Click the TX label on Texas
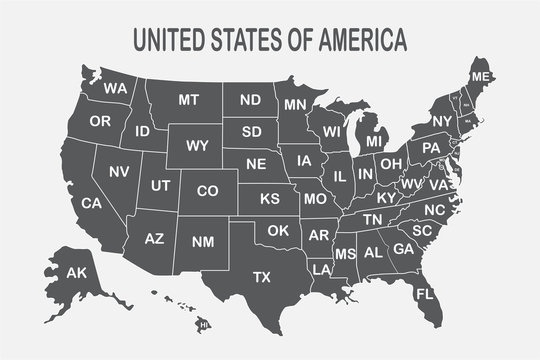(x=262, y=276)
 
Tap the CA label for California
(x=91, y=203)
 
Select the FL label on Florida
(x=425, y=295)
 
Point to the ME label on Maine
(x=481, y=77)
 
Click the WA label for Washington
(x=115, y=89)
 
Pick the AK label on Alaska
(x=76, y=272)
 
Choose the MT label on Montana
(x=189, y=100)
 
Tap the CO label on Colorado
(x=207, y=190)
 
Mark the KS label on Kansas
(x=270, y=199)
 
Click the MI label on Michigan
(x=374, y=142)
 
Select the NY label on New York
(x=442, y=121)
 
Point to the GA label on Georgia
(x=403, y=248)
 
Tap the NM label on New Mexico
(x=202, y=241)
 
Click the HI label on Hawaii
(x=204, y=325)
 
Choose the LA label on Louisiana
(x=321, y=270)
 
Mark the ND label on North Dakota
(x=250, y=100)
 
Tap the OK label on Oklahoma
(x=277, y=231)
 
